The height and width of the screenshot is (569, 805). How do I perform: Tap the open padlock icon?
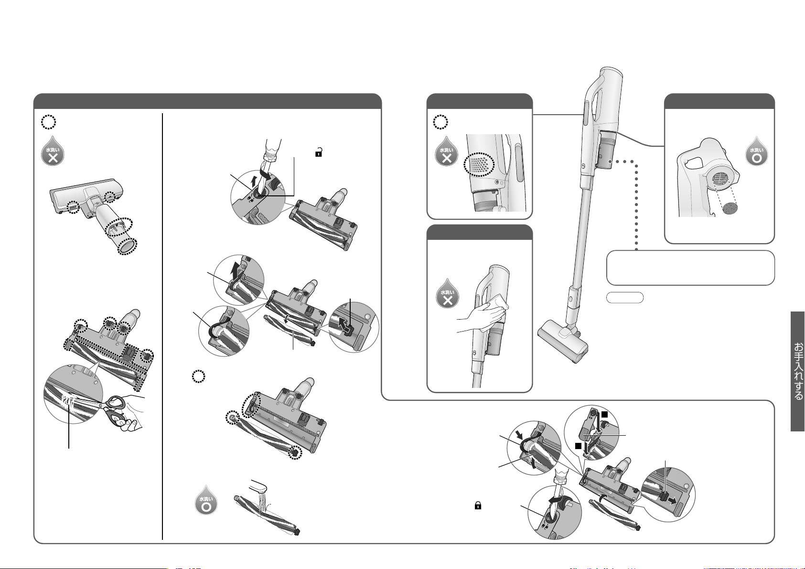tap(318, 152)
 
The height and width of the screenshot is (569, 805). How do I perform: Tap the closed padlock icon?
tap(478, 506)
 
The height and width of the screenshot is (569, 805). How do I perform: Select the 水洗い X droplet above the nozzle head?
tap(53, 151)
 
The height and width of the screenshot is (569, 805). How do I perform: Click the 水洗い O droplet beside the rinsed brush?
tap(206, 500)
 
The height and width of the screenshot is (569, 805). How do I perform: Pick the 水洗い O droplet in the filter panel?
tap(757, 151)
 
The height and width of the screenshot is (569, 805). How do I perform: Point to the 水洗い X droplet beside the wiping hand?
tap(448, 293)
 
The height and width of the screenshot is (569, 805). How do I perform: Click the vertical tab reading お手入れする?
tap(797, 371)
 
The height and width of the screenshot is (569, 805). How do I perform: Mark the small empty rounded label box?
tap(624, 298)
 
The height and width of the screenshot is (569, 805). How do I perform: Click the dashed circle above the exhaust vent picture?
tap(440, 122)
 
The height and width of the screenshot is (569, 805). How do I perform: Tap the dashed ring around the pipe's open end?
tap(127, 247)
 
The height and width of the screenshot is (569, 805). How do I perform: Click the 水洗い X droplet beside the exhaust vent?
tap(447, 151)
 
